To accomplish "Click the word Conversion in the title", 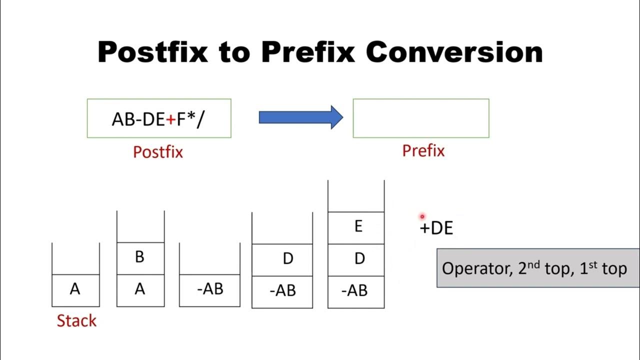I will coord(454,51).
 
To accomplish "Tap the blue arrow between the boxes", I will coord(300,117).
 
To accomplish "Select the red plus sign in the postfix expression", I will coord(170,120).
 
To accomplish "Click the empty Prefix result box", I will coord(420,118).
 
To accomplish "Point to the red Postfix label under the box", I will coord(158,152).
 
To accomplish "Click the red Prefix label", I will coord(423,151).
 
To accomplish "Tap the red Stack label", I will coord(76,320).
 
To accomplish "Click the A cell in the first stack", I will coord(75,290).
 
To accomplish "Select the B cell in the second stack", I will coord(140,257).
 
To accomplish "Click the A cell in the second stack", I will coord(140,290).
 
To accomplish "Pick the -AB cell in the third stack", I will coord(210,289).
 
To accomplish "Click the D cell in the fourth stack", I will coord(287,259).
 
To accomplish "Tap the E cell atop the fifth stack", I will coord(358,227).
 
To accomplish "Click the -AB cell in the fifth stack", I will coord(354,290).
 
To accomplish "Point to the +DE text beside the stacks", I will coord(436,228).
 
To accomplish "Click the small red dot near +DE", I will coord(422,216).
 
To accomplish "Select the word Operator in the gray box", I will coord(474,269).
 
